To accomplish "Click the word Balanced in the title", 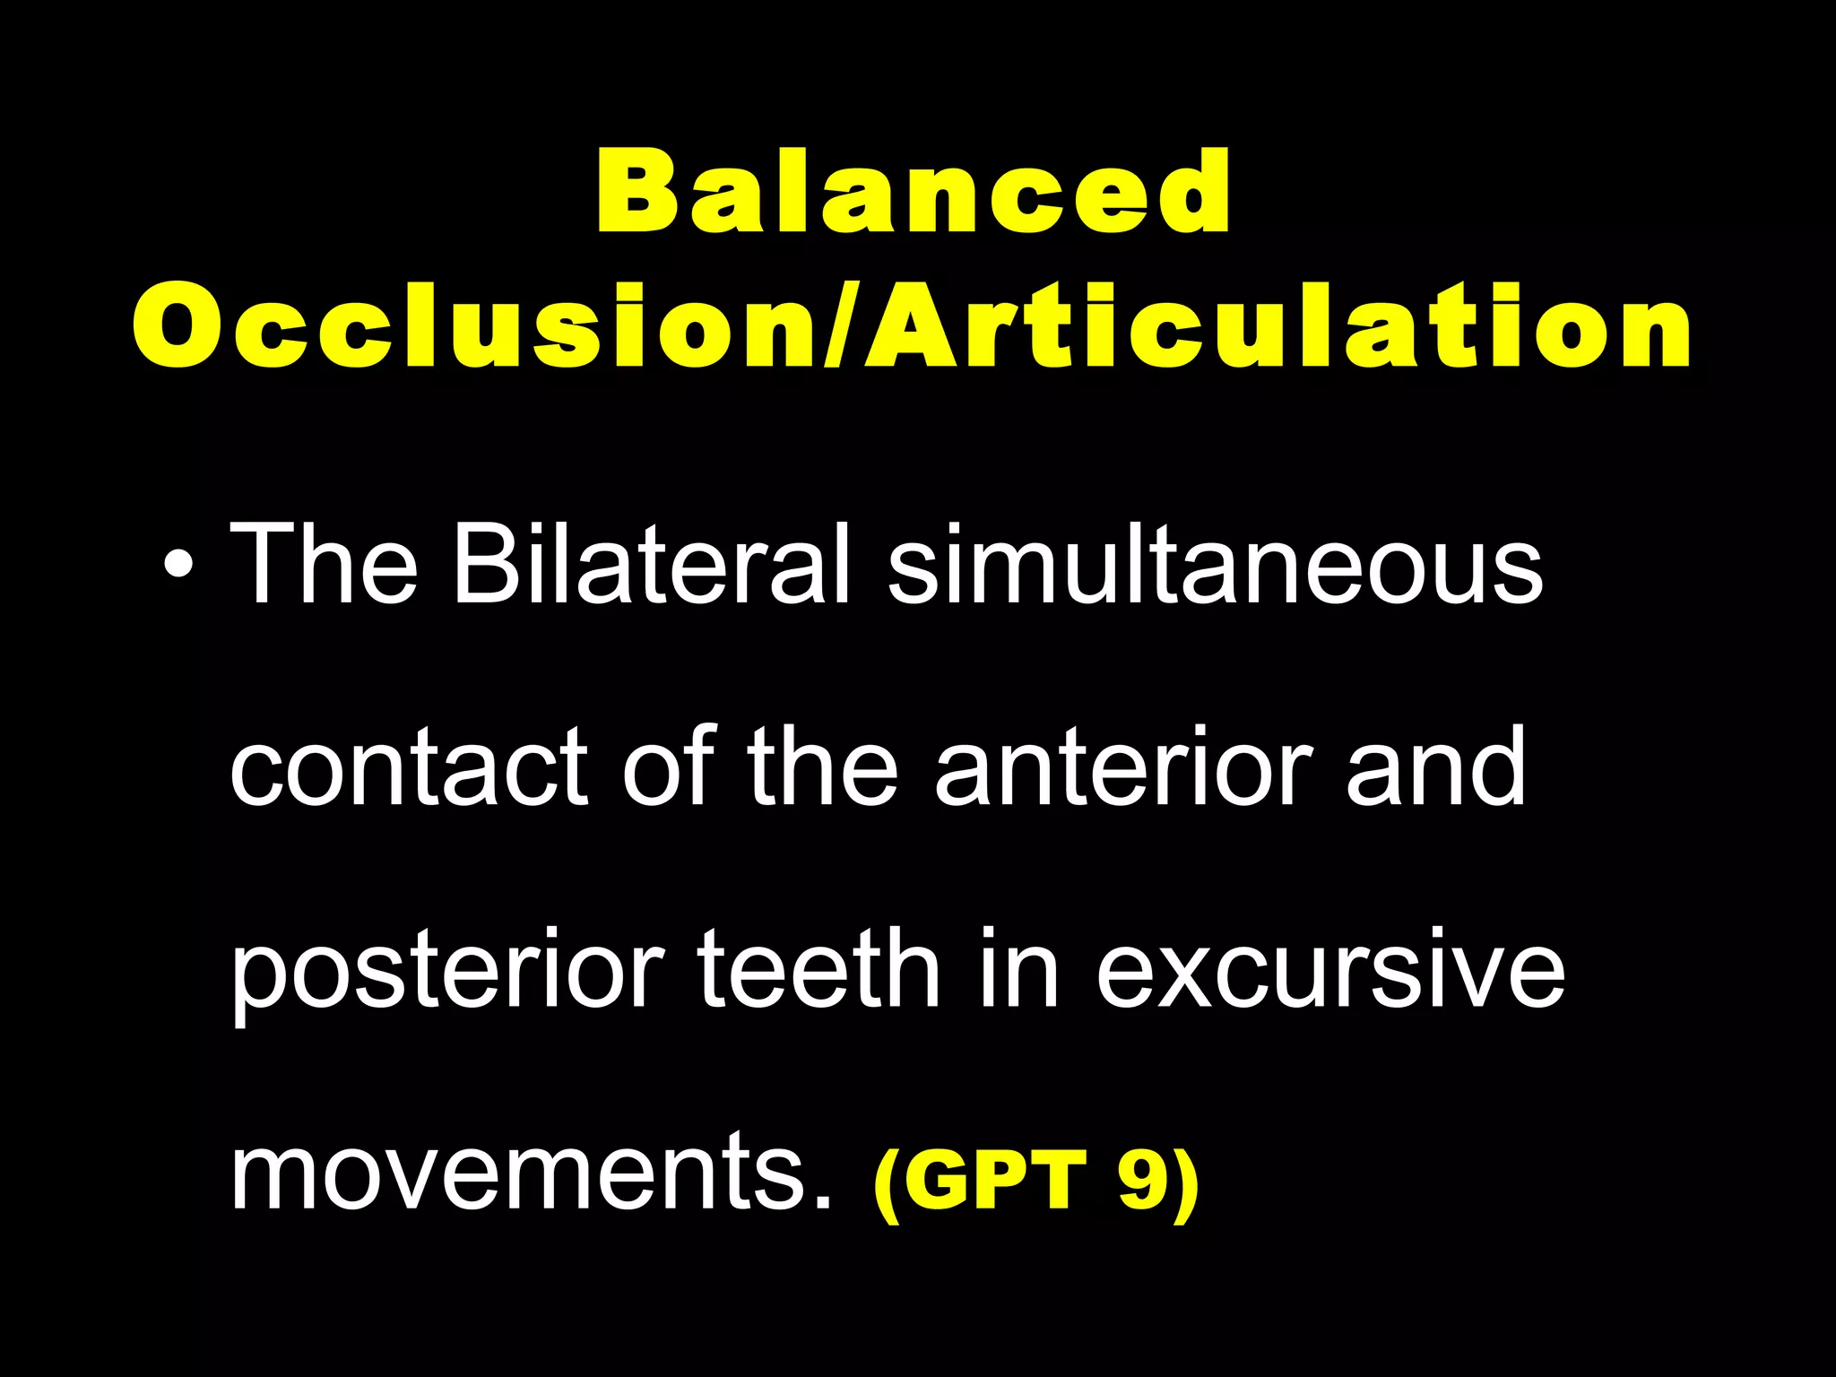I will pyautogui.click(x=913, y=191).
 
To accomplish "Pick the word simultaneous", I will pyautogui.click(x=1216, y=566).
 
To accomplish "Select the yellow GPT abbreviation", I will pyautogui.click(x=1002, y=1179).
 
